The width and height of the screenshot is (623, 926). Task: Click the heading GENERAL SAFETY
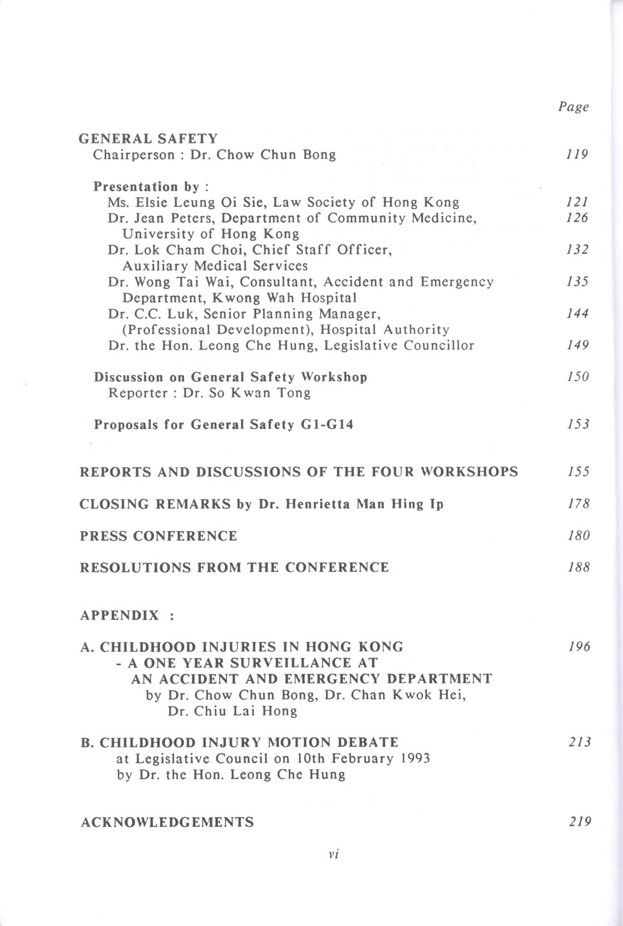[x=148, y=139]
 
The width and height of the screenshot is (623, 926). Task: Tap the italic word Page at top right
[x=573, y=107]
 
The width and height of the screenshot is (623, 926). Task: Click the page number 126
[x=577, y=218]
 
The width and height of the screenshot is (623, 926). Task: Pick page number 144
[x=577, y=314]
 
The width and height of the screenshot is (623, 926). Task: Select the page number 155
[x=578, y=472]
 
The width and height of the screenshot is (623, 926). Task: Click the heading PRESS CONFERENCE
[x=159, y=536]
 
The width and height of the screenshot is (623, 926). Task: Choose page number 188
[x=578, y=568]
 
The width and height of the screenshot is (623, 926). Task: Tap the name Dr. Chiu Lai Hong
[x=232, y=711]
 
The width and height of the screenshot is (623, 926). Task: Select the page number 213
[x=579, y=742]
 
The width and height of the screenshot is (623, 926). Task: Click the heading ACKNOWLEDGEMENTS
[x=167, y=822]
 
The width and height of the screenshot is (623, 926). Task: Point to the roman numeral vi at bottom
[x=334, y=854]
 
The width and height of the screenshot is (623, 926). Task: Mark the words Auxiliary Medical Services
[x=215, y=266]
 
